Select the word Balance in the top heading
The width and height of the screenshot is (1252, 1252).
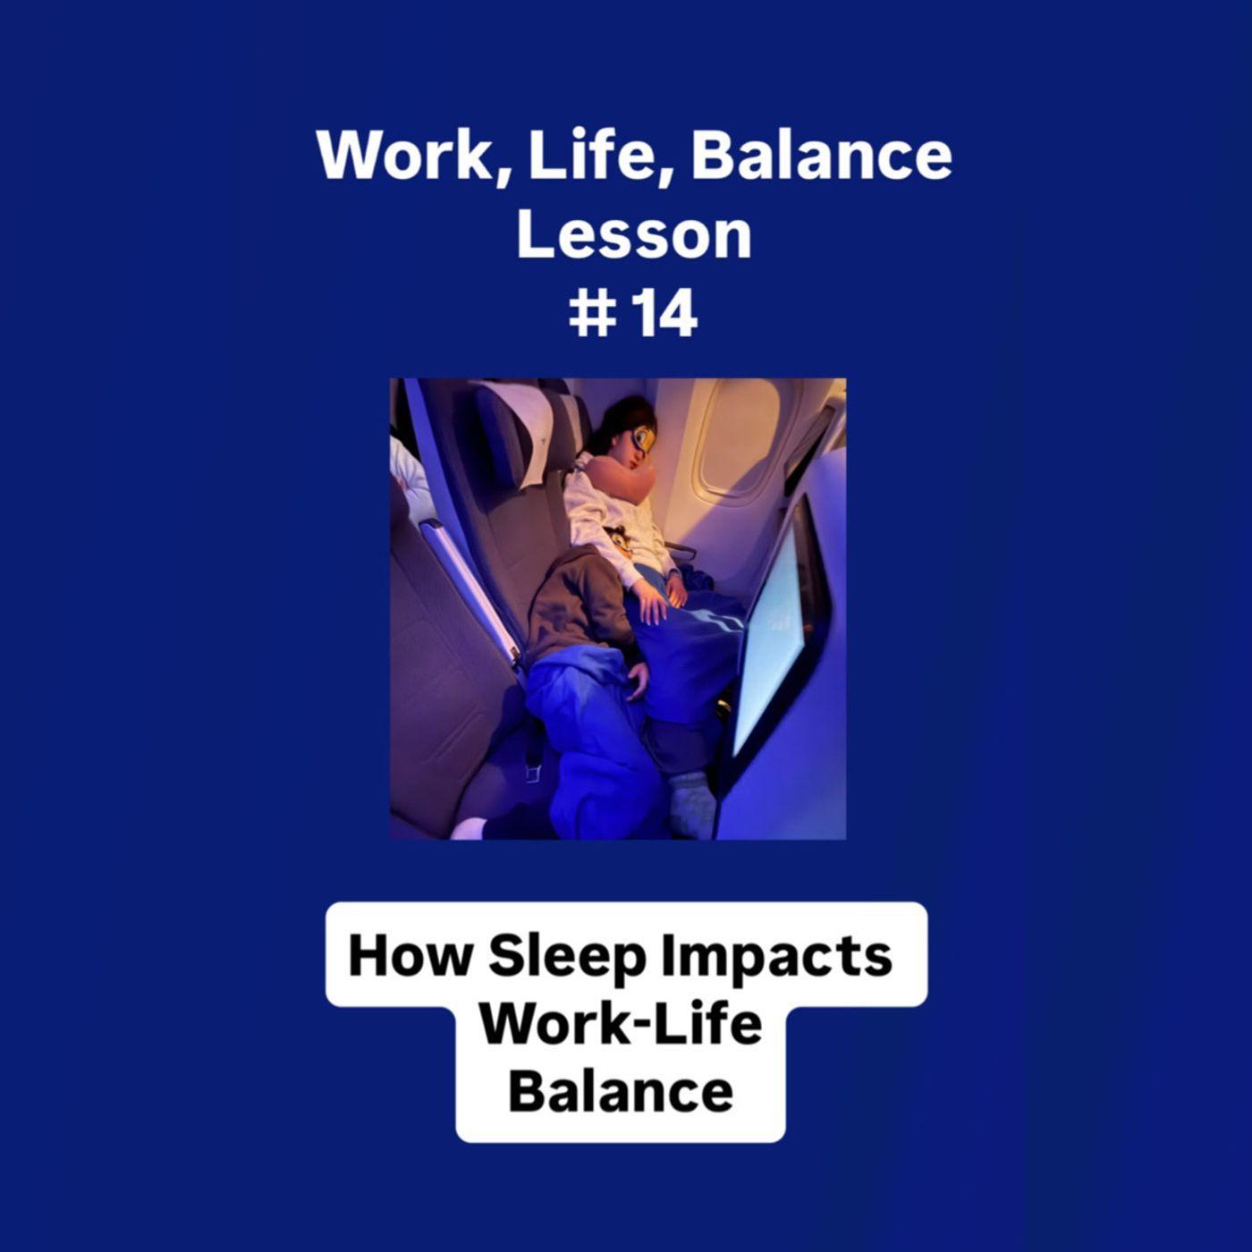point(821,156)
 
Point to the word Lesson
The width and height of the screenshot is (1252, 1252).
point(633,234)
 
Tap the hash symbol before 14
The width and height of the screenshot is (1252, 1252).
point(592,315)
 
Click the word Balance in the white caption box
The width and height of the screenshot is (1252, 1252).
point(621,1092)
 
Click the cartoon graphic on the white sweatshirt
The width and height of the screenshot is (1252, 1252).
point(618,539)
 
